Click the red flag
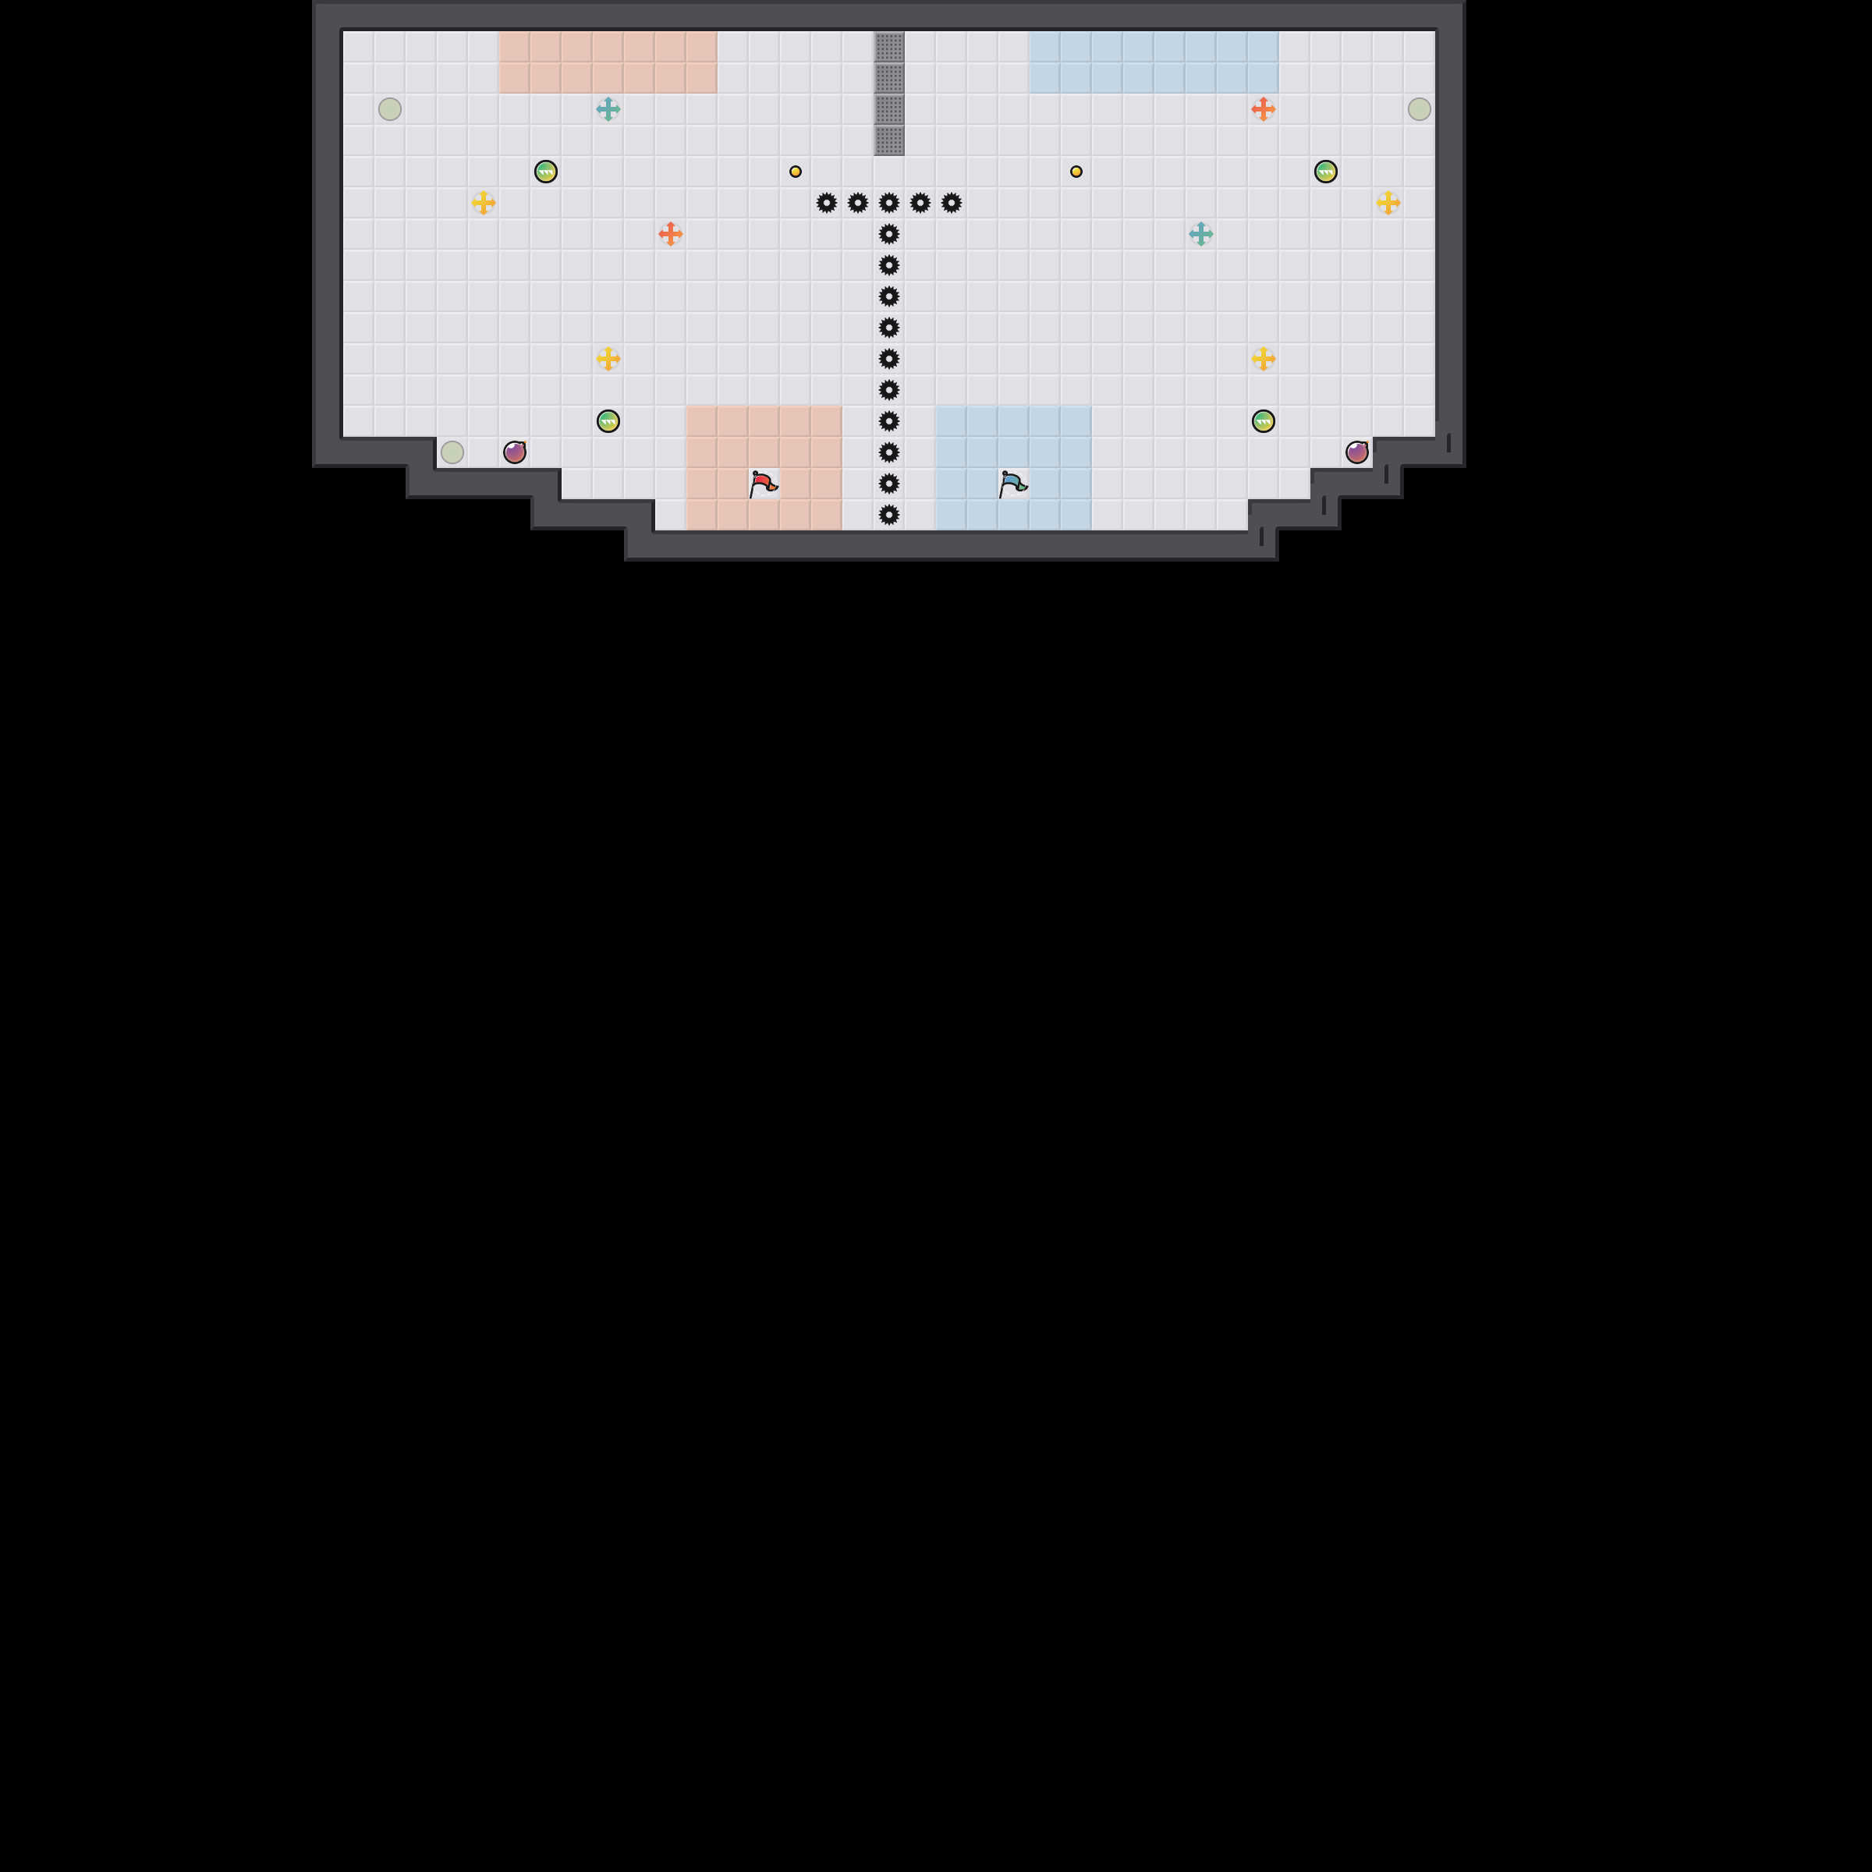click(763, 484)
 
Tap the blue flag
click(1012, 484)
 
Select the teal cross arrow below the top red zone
click(608, 108)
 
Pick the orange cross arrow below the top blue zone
click(1263, 108)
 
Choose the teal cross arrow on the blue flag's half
click(1200, 233)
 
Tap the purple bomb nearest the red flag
click(515, 452)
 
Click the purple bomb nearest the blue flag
click(1356, 452)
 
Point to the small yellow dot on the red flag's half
click(796, 172)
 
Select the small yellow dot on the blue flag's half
click(1076, 172)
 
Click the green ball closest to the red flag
click(608, 420)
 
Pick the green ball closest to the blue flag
click(1263, 420)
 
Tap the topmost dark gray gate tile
click(889, 47)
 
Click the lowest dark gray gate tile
click(889, 140)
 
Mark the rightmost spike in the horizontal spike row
click(952, 203)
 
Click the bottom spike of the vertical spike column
click(889, 515)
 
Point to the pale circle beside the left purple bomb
click(452, 452)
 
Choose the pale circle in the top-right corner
click(1419, 108)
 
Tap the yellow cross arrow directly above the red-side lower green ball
click(608, 359)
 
